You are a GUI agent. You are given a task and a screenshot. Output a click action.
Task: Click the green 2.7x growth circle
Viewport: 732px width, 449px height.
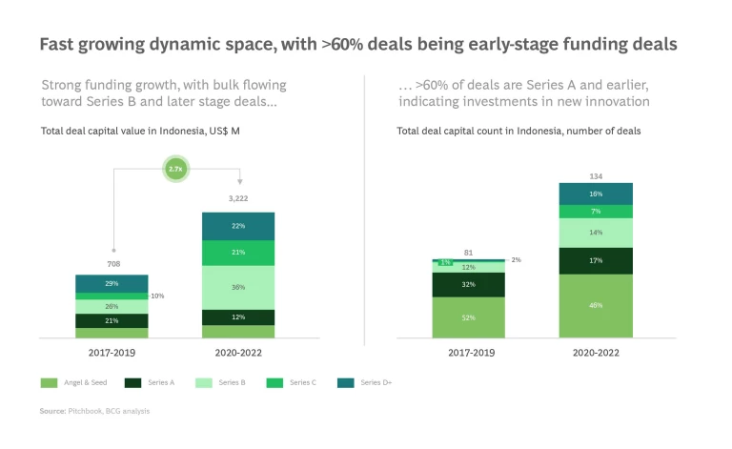pyautogui.click(x=175, y=169)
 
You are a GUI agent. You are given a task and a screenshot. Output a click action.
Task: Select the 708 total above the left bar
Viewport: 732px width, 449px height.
pyautogui.click(x=112, y=264)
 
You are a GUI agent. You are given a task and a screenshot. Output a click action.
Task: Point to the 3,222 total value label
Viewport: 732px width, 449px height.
pyautogui.click(x=237, y=198)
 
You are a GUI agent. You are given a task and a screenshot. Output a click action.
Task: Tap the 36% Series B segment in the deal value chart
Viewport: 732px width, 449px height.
pyautogui.click(x=238, y=287)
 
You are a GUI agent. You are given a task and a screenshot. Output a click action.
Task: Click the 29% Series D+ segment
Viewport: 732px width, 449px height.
pyautogui.click(x=112, y=284)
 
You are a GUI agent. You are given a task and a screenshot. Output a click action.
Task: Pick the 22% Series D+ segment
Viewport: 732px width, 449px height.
pyautogui.click(x=238, y=226)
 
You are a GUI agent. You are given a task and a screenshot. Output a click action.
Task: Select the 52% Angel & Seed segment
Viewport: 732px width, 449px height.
pyautogui.click(x=469, y=317)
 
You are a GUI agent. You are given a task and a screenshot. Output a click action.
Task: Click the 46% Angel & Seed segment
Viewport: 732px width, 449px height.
pyautogui.click(x=596, y=306)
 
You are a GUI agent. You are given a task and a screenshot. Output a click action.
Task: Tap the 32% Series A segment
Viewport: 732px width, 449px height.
pyautogui.click(x=469, y=284)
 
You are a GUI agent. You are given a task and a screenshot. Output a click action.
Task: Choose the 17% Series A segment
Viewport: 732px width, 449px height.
pyautogui.click(x=596, y=260)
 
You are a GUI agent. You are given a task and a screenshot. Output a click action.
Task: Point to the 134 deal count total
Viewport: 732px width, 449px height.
pyautogui.click(x=596, y=176)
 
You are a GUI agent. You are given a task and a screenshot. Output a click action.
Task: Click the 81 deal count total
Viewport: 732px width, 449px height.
pyautogui.click(x=469, y=253)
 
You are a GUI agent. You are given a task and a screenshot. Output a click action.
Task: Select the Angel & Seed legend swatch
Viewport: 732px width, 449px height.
pyautogui.click(x=48, y=382)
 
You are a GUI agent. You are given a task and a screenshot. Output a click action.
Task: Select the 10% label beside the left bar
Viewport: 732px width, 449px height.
pyautogui.click(x=157, y=296)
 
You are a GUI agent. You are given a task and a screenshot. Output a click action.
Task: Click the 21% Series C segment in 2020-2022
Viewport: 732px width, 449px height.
pyautogui.click(x=238, y=253)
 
